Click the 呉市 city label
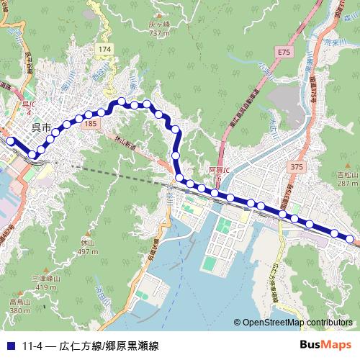(x=42, y=127)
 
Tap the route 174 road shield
(x=106, y=48)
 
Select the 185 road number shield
(x=90, y=125)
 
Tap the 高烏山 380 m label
(x=20, y=306)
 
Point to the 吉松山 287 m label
(x=348, y=179)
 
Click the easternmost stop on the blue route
(x=350, y=238)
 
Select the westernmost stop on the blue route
(x=10, y=141)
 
